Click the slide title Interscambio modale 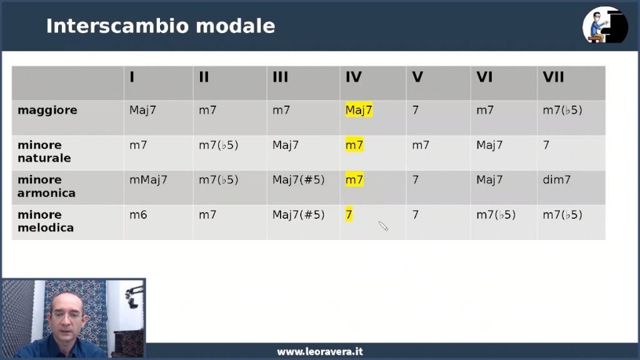click(161, 26)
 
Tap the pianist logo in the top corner click(605, 25)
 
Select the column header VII click(553, 77)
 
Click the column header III click(281, 77)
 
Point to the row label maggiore click(47, 110)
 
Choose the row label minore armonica click(46, 186)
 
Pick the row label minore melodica click(46, 221)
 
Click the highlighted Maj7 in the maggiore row click(359, 110)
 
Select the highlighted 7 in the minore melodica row click(349, 215)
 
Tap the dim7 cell click(556, 179)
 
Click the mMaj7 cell click(148, 179)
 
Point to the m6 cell click(138, 215)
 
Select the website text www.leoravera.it click(320, 351)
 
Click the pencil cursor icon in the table click(383, 226)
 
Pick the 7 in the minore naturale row click(546, 145)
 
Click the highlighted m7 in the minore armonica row click(354, 179)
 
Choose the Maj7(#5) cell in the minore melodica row click(298, 215)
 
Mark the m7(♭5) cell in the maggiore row click(562, 110)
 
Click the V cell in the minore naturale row click(421, 145)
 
